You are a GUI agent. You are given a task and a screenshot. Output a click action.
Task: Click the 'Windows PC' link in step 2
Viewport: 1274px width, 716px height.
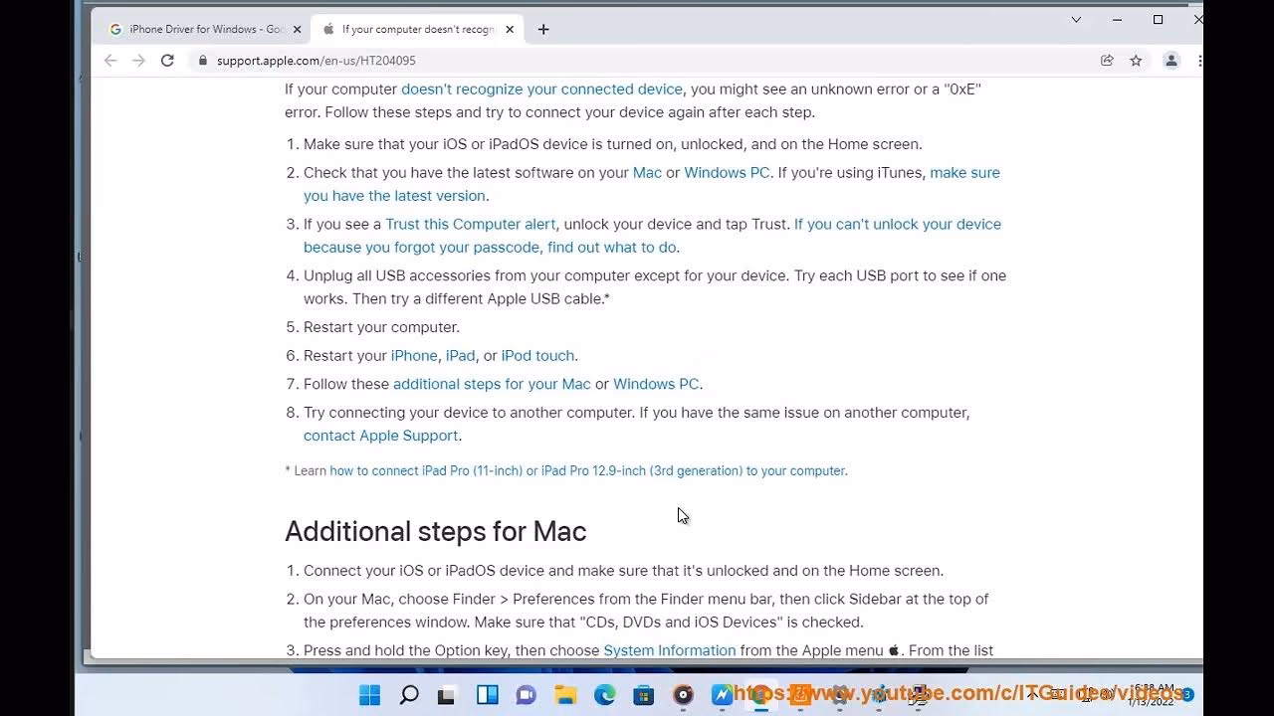[x=727, y=172]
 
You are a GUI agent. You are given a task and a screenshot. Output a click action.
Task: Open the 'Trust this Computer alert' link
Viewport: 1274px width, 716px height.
[x=470, y=224]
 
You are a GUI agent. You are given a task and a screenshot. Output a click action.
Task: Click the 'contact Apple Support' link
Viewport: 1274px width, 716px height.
[x=380, y=436]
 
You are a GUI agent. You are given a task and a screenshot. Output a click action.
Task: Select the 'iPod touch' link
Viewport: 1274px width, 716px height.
[x=537, y=355]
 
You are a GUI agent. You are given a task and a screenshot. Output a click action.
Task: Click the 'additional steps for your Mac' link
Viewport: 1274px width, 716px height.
[x=492, y=384]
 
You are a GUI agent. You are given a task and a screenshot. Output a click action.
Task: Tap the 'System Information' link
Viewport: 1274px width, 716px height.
[x=669, y=650]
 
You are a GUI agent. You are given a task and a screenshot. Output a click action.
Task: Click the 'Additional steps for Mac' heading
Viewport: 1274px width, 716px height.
[x=435, y=531]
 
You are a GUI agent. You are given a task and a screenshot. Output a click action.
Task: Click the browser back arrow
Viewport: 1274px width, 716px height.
[x=110, y=61]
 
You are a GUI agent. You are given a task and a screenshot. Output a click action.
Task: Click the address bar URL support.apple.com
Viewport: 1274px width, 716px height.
[x=316, y=61]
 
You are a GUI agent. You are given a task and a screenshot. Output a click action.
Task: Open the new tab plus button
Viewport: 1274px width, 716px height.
[x=543, y=29]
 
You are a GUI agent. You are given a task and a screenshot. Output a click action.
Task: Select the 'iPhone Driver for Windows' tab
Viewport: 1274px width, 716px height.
[x=204, y=29]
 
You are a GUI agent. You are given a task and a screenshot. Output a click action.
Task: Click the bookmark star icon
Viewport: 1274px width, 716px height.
[x=1136, y=61]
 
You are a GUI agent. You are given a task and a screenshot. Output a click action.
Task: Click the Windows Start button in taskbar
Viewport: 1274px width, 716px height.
[x=369, y=695]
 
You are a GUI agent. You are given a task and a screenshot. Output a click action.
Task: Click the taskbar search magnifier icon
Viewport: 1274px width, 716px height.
[x=408, y=695]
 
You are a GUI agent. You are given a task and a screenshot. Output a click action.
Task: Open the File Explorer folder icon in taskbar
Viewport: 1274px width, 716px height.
[x=565, y=695]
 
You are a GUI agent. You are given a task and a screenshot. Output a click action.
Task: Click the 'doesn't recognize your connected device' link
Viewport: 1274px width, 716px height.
[x=541, y=89]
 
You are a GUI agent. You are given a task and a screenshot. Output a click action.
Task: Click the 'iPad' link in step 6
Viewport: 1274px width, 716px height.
[x=460, y=355]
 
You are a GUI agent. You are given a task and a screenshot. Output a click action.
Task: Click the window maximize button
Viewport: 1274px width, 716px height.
[x=1158, y=19]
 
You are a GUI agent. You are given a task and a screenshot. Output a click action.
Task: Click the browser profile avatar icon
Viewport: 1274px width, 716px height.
[x=1171, y=61]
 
